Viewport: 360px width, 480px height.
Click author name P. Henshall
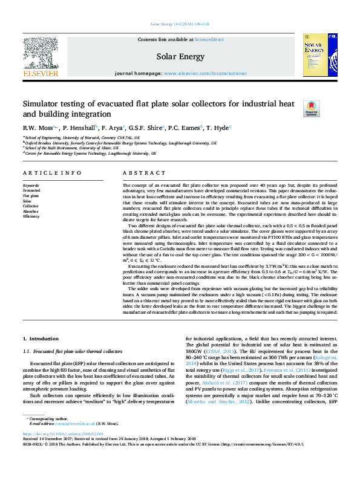tap(78, 128)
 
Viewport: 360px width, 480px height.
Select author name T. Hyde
tap(217, 128)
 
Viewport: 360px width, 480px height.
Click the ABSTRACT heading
tap(136, 173)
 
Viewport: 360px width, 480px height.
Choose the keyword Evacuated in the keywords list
tap(31, 190)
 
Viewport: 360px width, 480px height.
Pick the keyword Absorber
tap(31, 211)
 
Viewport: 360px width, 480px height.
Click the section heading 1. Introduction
tap(41, 339)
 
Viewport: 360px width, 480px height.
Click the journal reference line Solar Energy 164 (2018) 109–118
tap(180, 25)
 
